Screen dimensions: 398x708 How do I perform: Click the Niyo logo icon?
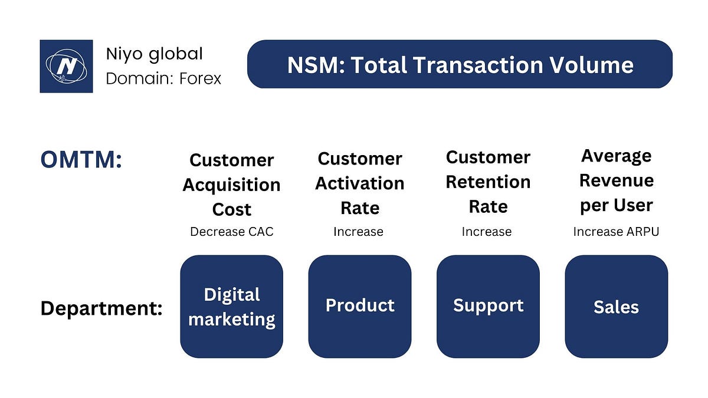pyautogui.click(x=66, y=66)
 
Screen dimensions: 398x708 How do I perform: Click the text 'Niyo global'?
pyautogui.click(x=154, y=54)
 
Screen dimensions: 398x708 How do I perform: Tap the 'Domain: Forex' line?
pyautogui.click(x=163, y=78)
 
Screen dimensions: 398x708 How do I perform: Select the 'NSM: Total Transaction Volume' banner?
pyautogui.click(x=460, y=64)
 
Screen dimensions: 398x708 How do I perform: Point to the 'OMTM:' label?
pyautogui.click(x=81, y=160)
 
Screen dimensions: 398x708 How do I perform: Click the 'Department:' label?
pyautogui.click(x=101, y=308)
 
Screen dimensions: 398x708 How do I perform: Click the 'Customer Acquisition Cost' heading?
pyautogui.click(x=231, y=185)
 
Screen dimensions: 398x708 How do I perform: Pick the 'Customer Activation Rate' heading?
pyautogui.click(x=359, y=183)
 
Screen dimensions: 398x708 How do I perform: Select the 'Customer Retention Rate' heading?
pyautogui.click(x=488, y=182)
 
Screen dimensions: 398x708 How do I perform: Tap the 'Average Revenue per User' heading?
pyautogui.click(x=616, y=180)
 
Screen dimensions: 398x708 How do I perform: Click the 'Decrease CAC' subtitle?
pyautogui.click(x=231, y=232)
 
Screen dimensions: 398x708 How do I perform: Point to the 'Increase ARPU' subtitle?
pyautogui.click(x=616, y=232)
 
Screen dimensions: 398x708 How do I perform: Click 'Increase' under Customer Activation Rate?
pyautogui.click(x=358, y=232)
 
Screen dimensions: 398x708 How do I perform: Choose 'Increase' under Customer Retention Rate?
pyautogui.click(x=486, y=232)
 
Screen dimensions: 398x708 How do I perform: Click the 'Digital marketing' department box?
pyautogui.click(x=231, y=307)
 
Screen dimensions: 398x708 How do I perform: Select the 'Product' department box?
pyautogui.click(x=359, y=307)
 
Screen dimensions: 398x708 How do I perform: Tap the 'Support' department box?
pyautogui.click(x=488, y=307)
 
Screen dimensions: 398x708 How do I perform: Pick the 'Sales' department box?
pyautogui.click(x=616, y=307)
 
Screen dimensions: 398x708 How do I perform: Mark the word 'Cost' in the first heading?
pyautogui.click(x=231, y=209)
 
